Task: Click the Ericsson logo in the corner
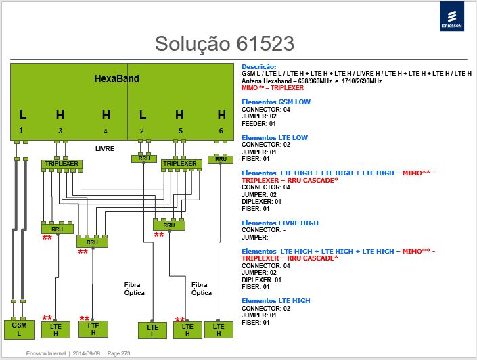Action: [x=452, y=16]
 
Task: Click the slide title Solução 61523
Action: [x=225, y=43]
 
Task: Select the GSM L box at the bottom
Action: [x=19, y=330]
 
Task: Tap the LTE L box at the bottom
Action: [x=152, y=330]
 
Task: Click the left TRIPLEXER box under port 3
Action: [x=62, y=164]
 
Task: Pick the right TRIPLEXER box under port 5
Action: [x=181, y=164]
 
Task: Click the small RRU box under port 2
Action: [x=144, y=158]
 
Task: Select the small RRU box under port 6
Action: [x=221, y=159]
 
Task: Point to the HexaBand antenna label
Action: [x=117, y=78]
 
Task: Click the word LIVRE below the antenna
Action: [x=105, y=148]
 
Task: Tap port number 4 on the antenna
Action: [x=106, y=131]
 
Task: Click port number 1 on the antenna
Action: [x=21, y=130]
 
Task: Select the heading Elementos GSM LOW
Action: [x=276, y=102]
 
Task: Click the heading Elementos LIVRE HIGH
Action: [x=280, y=223]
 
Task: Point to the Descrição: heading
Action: [x=259, y=66]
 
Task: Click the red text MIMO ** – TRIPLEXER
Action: [x=273, y=88]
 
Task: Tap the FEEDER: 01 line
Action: [x=258, y=124]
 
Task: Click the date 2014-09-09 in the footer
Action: [x=87, y=353]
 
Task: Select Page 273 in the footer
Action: [x=118, y=353]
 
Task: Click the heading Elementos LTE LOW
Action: [x=275, y=138]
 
